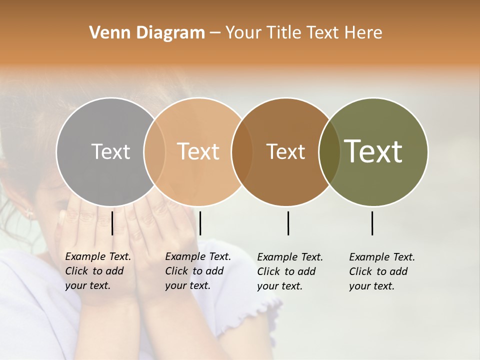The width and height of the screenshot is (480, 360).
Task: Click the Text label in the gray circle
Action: point(110,151)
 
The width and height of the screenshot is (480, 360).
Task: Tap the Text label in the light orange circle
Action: point(198,151)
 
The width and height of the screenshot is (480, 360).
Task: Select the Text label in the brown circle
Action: point(285,151)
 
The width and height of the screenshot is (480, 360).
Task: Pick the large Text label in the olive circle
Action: point(373,151)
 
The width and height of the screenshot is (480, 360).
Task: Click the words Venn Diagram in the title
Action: point(147,33)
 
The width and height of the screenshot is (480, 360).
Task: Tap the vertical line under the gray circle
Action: point(112,223)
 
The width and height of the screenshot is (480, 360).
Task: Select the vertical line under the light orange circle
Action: point(200,223)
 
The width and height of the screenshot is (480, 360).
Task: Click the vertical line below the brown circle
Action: point(288,223)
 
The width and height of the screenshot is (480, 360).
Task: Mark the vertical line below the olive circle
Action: point(372,223)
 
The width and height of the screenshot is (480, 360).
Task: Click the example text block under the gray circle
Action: point(97,271)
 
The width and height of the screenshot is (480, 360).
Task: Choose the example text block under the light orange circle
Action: point(197,271)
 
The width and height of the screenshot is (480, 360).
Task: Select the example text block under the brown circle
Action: point(290,271)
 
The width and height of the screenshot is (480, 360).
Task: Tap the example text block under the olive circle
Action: point(382,271)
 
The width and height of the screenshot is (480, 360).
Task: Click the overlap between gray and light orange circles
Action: point(154,151)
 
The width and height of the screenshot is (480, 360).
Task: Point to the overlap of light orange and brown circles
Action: point(242,151)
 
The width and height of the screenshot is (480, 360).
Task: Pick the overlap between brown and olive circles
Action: point(329,151)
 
